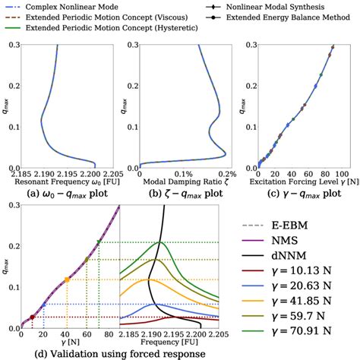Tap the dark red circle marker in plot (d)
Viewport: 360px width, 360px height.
pyautogui.click(x=32, y=317)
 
